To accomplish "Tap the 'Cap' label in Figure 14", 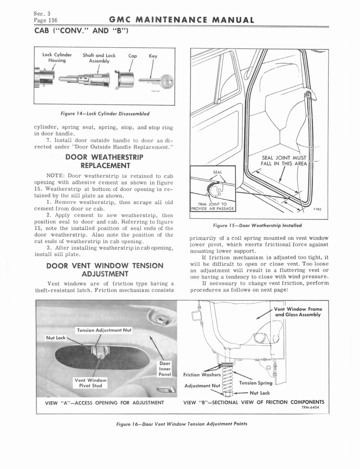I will click(133, 56).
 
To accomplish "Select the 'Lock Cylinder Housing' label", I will click(54, 57).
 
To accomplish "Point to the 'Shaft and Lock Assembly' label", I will click(99, 58).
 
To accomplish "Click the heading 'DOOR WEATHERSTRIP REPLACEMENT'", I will click(104, 161).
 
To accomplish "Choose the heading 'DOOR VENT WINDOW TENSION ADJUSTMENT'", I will click(105, 269).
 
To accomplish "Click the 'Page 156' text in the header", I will click(45, 21).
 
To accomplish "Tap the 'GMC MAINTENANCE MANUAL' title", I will click(182, 20).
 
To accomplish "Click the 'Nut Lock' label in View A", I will click(56, 338).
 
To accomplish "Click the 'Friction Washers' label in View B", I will click(201, 375).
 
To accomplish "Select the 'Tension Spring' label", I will click(256, 383).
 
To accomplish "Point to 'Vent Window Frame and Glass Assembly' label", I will click(298, 312).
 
